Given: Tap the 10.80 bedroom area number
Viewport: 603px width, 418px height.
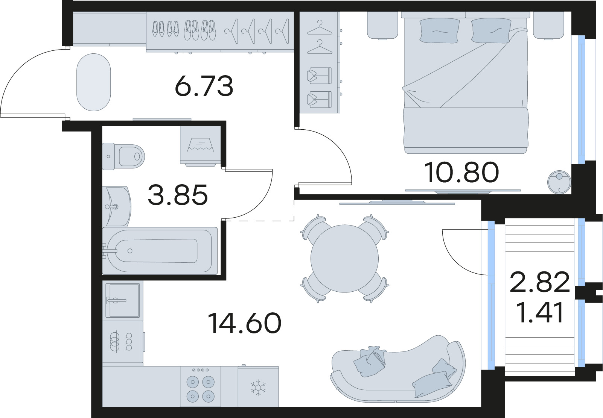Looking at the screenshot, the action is [461, 172].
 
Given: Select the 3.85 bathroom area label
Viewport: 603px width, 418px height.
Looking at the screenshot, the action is [178, 194].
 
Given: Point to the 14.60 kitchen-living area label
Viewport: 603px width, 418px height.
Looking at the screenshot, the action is [244, 323].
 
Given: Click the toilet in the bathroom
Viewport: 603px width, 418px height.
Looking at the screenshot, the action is [123, 156].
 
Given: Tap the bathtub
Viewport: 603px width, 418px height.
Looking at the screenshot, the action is [160, 251].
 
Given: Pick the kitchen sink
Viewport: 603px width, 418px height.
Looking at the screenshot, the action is [122, 300].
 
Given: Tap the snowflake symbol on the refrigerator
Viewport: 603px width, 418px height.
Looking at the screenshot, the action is [258, 388].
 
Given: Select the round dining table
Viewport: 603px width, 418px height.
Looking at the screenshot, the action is [344, 259].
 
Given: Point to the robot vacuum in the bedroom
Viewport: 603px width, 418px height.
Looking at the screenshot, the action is [559, 182].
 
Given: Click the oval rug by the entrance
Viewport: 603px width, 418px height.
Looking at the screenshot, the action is [94, 82].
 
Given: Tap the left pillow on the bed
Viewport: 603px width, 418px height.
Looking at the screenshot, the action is [439, 30].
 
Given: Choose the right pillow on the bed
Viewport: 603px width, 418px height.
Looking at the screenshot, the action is [491, 30].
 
